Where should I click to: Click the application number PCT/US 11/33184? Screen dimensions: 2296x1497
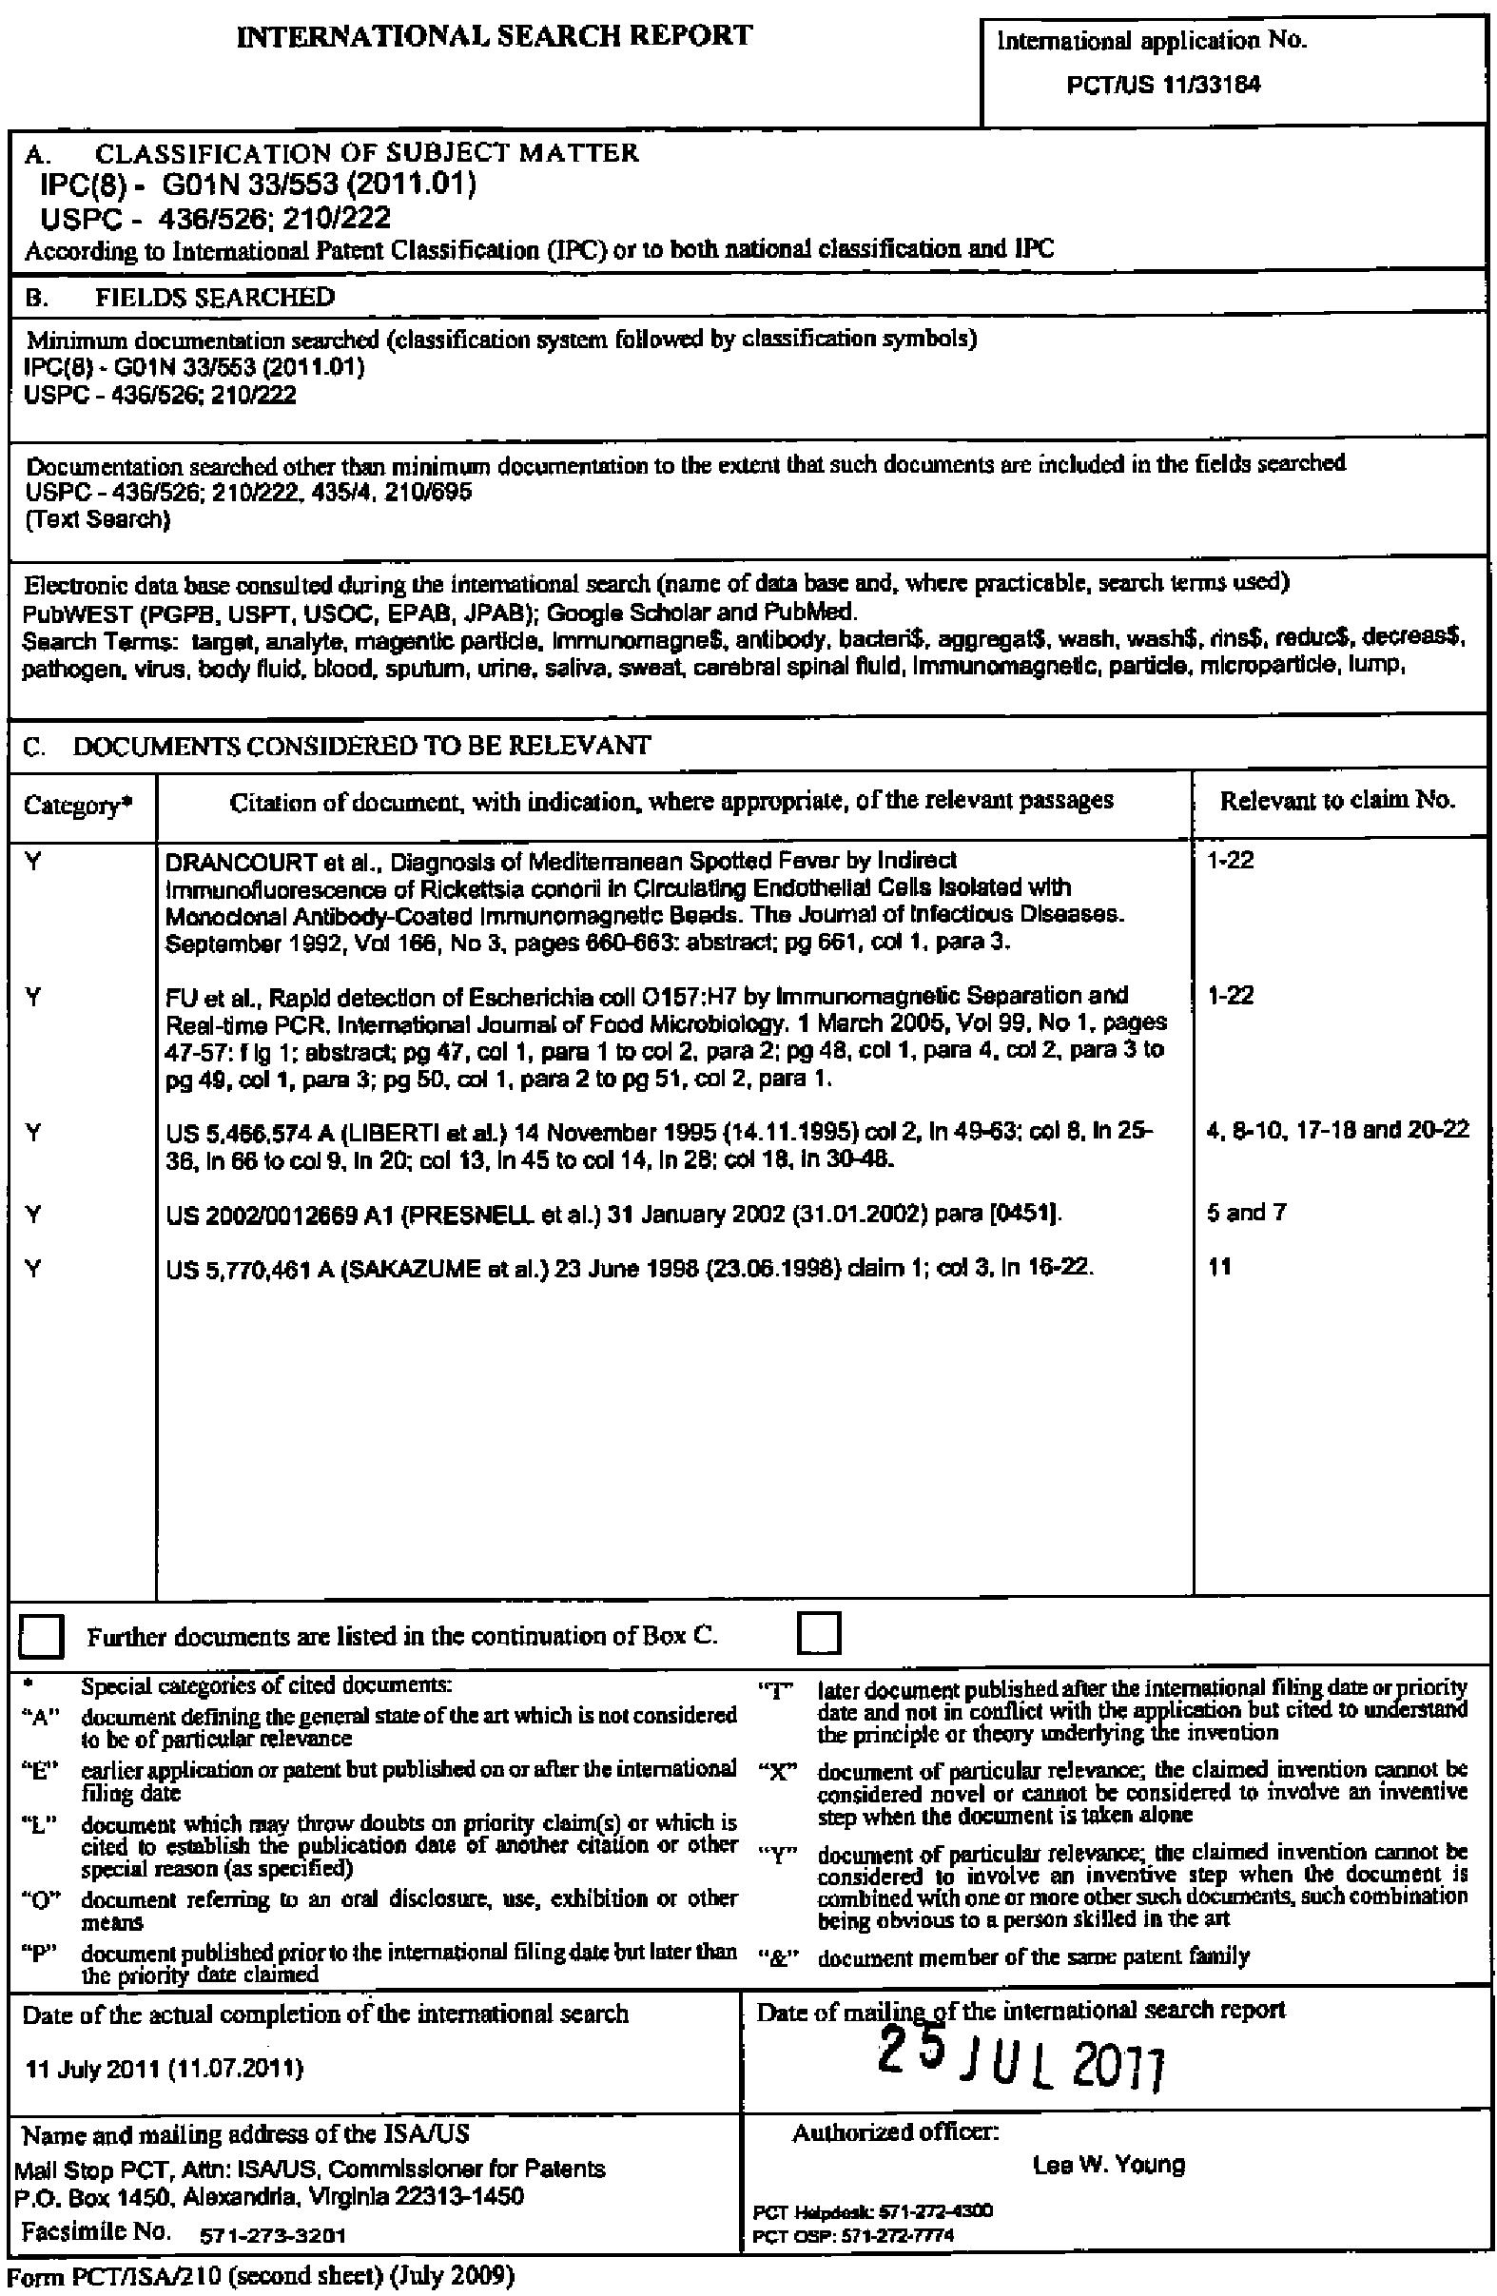[1162, 85]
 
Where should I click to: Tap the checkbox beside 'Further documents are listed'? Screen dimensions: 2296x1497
[43, 1636]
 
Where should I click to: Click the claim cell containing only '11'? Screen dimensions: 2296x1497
[1219, 1266]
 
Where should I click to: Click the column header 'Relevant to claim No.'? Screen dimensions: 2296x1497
[1337, 800]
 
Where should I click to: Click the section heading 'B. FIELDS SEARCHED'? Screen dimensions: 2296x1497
[181, 297]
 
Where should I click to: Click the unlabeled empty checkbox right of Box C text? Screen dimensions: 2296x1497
[820, 1633]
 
